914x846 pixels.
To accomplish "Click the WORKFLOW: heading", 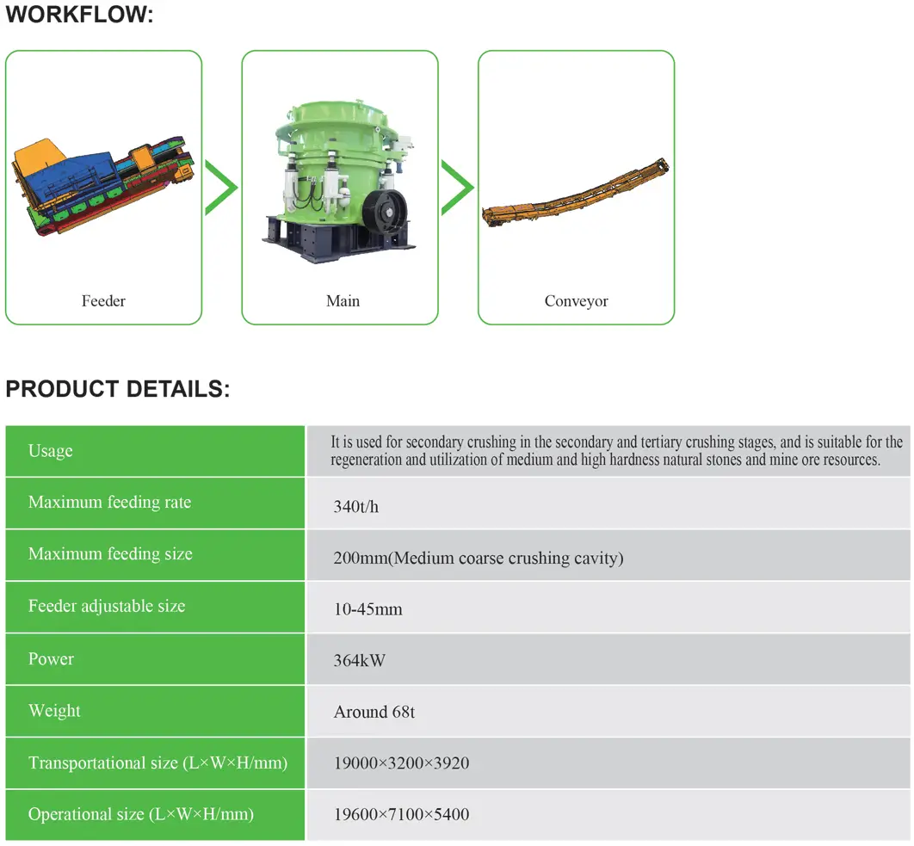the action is tap(79, 14).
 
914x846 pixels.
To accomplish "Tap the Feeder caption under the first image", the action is tap(103, 301).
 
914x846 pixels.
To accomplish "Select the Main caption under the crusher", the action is tap(343, 301).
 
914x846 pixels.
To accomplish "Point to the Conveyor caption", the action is tap(576, 301).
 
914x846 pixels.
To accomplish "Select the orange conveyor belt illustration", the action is tap(575, 193).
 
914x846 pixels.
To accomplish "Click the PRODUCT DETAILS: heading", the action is tap(118, 389).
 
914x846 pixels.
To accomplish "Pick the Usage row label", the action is tap(51, 451).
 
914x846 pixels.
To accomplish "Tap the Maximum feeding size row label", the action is tap(110, 553).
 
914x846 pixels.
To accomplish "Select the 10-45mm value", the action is tap(367, 609).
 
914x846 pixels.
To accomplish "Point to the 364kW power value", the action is tap(359, 661).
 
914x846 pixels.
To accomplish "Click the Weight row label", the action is tap(54, 711).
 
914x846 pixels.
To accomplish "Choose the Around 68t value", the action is tap(374, 712).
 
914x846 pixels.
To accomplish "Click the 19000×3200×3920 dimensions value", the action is tap(401, 763).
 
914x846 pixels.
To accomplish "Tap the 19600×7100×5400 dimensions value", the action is tap(401, 814).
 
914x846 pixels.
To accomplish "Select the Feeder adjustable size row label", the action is tap(107, 606).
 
